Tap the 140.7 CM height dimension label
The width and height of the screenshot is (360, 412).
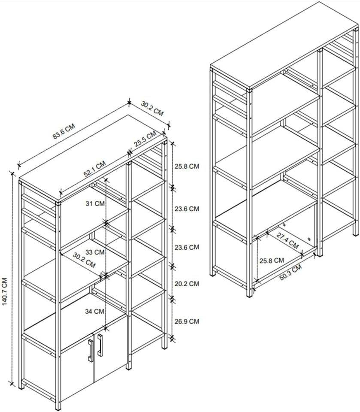[x=5, y=291]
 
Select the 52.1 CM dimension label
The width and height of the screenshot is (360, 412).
[x=94, y=169]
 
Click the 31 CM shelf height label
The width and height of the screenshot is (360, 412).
[x=95, y=204]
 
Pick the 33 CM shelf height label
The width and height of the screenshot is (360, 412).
[x=95, y=252]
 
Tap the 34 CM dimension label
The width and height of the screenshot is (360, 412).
[x=95, y=311]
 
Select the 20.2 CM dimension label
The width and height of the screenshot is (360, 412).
[x=187, y=284]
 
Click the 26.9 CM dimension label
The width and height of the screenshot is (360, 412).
[x=187, y=321]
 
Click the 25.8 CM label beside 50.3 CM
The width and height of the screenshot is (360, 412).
[x=271, y=260]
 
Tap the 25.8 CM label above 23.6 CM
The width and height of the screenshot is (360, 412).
[x=187, y=166]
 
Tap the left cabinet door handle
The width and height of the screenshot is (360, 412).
[x=91, y=350]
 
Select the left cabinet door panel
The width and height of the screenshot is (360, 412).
[x=76, y=369]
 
